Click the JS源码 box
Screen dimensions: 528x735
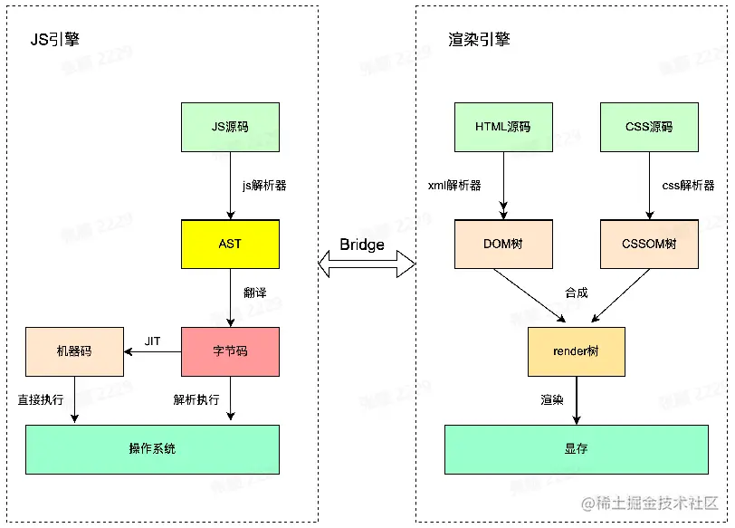click(230, 127)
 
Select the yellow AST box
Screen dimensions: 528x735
click(230, 244)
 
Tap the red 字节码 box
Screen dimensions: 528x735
click(230, 351)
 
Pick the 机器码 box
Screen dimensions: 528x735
click(74, 351)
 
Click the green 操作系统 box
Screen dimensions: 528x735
click(152, 449)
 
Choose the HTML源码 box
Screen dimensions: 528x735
click(503, 127)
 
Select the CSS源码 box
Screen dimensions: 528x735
click(649, 127)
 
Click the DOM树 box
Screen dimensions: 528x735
click(503, 244)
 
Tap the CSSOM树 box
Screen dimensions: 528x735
click(649, 244)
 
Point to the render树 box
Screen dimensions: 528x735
click(577, 351)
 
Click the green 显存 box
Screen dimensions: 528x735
click(577, 449)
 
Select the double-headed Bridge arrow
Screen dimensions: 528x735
click(366, 264)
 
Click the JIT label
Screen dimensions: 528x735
click(153, 341)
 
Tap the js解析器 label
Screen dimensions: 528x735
click(264, 186)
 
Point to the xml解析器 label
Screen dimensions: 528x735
click(454, 186)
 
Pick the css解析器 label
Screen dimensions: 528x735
click(688, 186)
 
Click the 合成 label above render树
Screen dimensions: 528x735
click(577, 293)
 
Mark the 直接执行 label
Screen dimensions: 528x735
click(42, 399)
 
